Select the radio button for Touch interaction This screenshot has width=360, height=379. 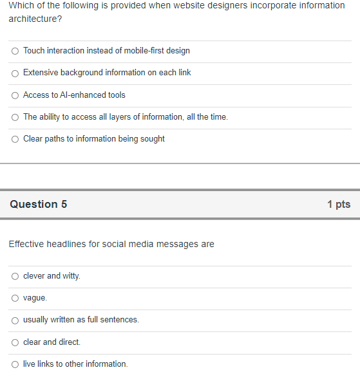(15, 51)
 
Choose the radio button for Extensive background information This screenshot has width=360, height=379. (15, 73)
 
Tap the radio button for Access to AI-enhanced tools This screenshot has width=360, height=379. (15, 95)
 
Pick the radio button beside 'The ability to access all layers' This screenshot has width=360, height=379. (15, 117)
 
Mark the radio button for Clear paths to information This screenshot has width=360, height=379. (15, 139)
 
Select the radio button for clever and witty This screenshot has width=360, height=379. (15, 276)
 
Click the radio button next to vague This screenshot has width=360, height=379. (15, 298)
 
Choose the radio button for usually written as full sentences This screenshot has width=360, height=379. (15, 320)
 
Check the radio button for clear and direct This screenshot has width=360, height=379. (15, 342)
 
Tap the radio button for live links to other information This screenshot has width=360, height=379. (15, 364)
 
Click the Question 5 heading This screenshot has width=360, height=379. (39, 204)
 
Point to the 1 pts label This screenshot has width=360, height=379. (338, 204)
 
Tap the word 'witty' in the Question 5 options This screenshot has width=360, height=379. (71, 275)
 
